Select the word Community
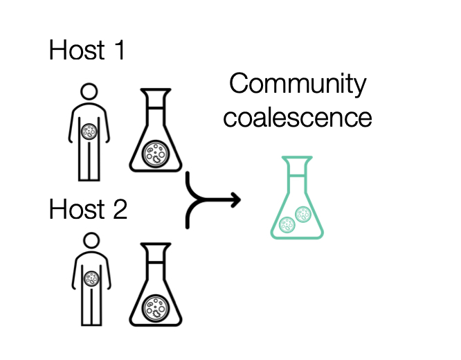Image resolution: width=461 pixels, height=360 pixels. pyautogui.click(x=298, y=84)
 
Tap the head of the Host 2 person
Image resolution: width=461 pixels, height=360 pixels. pyautogui.click(x=89, y=240)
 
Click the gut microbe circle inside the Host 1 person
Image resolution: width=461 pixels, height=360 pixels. pyautogui.click(x=89, y=132)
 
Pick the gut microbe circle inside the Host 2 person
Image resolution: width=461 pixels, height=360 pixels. pyautogui.click(x=90, y=278)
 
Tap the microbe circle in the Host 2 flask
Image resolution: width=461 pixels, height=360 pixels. pyautogui.click(x=156, y=305)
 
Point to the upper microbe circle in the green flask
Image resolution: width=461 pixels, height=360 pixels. pyautogui.click(x=303, y=214)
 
